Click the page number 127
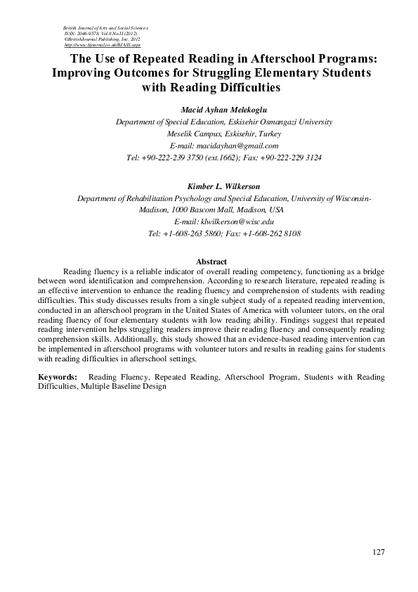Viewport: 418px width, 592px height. point(379,552)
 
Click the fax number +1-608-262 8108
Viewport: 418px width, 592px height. point(273,233)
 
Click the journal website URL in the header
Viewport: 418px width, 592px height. point(103,44)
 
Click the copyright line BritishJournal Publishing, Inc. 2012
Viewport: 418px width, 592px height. point(103,38)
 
